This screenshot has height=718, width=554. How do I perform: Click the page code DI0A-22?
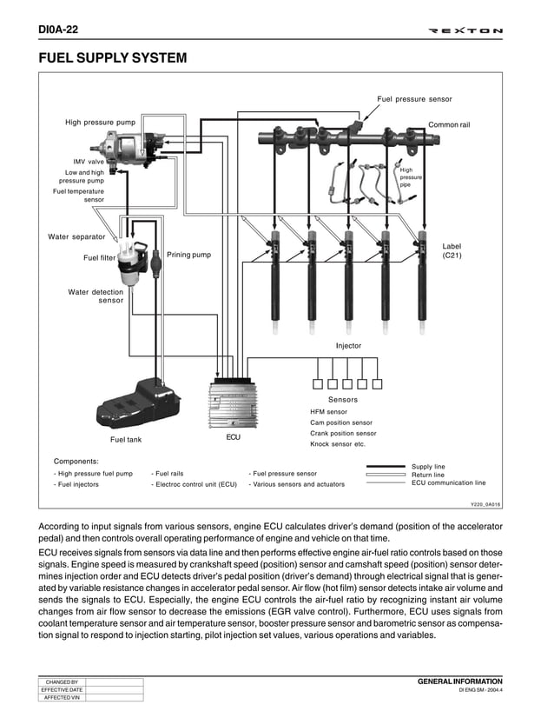tap(58, 30)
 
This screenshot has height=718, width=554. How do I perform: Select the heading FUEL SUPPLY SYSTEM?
tap(113, 58)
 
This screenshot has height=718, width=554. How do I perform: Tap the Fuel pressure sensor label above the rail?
tap(414, 99)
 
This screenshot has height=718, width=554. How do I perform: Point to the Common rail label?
tap(449, 125)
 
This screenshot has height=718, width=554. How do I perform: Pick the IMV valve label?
tap(89, 162)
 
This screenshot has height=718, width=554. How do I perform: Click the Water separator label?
tap(76, 236)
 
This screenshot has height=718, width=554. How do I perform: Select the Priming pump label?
tap(188, 255)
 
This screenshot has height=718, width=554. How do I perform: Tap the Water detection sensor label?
tap(96, 296)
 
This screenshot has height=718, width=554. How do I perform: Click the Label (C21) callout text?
tap(452, 251)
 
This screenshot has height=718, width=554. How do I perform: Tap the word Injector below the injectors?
tap(348, 346)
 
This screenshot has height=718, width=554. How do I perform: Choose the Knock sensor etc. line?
tap(338, 444)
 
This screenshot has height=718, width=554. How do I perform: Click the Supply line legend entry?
tap(428, 467)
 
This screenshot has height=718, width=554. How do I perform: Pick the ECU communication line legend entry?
tap(448, 482)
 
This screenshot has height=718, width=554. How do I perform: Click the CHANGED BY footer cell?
tap(61, 682)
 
